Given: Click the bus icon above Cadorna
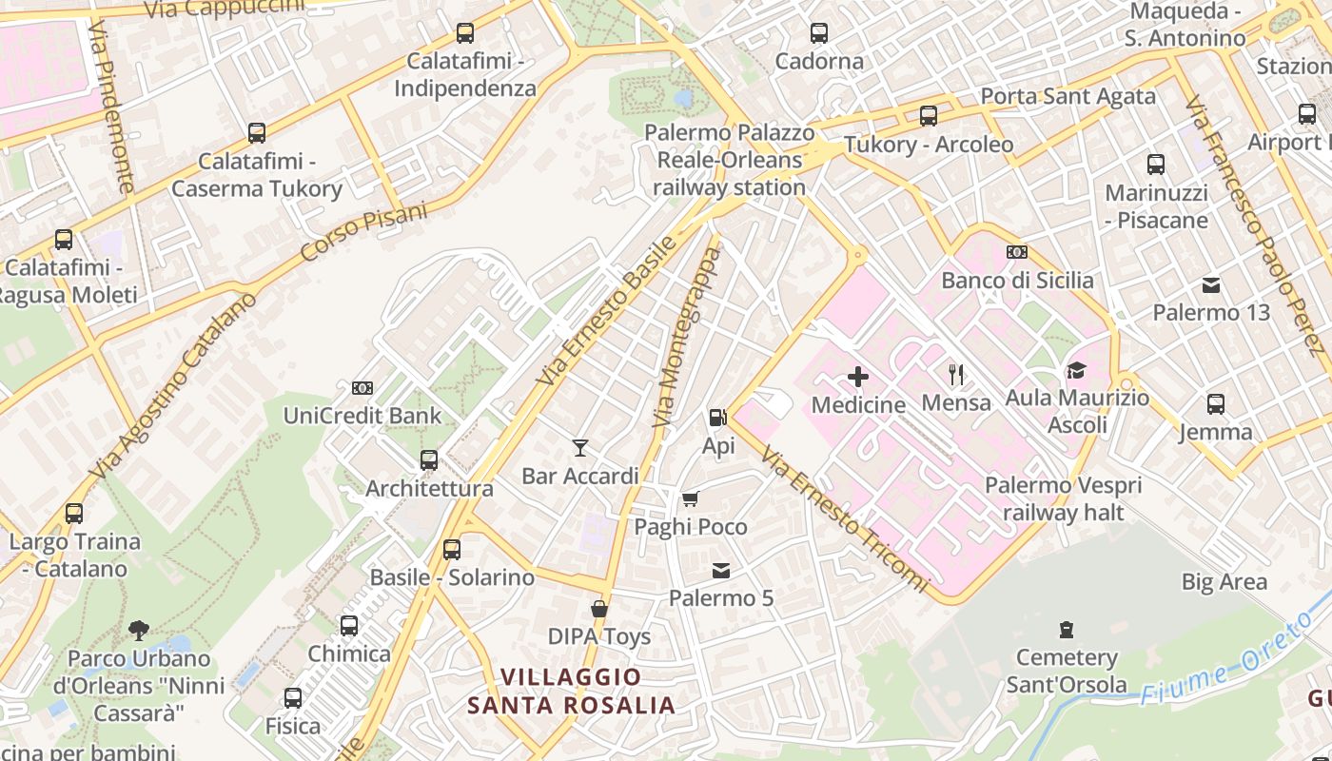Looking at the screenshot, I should pos(819,33).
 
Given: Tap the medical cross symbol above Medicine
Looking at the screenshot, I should pos(858,377).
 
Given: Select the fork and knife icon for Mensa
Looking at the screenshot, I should pos(956,374).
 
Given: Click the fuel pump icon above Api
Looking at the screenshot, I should pos(717,417).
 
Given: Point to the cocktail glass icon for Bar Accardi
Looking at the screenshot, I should pos(580,447).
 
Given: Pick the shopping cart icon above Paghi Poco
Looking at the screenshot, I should pos(691,498).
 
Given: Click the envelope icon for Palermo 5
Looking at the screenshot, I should pos(721,571).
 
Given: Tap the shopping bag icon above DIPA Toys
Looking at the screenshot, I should pos(599,609).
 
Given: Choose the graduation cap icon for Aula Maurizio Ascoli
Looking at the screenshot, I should pos(1076,370).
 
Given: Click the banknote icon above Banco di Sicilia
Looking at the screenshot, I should pos(1017,252).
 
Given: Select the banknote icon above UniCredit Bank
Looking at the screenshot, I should pos(362,387).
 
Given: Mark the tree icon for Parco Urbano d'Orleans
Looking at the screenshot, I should pos(139,630).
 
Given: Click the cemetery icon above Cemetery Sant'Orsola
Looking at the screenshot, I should pos(1067,629).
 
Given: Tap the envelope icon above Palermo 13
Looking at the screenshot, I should pos(1211,284).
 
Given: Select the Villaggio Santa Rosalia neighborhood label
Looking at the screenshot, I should pos(571,692).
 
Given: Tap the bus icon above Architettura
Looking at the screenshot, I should pos(429,460).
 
